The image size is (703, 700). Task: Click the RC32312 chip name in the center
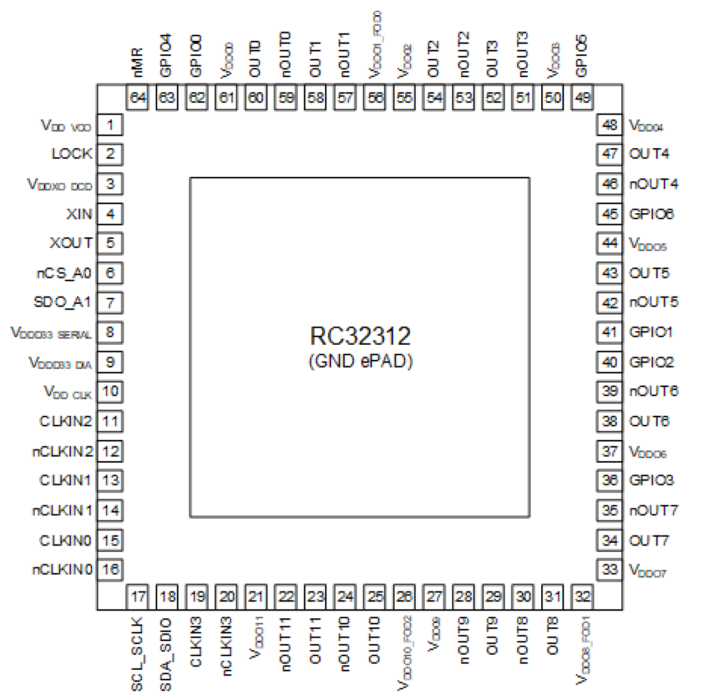pos(360,336)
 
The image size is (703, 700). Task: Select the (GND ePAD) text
pos(360,361)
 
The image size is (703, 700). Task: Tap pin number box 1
pos(110,125)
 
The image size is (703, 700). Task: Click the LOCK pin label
pos(72,154)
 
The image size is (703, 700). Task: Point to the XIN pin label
pos(79,214)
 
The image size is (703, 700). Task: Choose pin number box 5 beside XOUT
pos(110,243)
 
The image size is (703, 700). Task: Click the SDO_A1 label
pos(62,302)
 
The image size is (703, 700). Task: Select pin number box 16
pos(110,570)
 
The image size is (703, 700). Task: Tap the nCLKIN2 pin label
pos(62,451)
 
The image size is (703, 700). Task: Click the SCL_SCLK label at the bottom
pos(137,654)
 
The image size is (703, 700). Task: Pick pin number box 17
pos(138,596)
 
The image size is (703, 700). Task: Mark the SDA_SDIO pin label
pos(166,654)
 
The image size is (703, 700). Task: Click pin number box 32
pos(583,596)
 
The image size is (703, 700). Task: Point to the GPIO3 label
pos(652,480)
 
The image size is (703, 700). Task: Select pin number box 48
pos(610,125)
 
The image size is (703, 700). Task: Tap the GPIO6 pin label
pos(652,214)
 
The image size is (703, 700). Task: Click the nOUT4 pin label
pos(654,184)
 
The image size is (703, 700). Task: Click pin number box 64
pos(138,98)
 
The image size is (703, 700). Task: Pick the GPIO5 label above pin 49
pos(582,56)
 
